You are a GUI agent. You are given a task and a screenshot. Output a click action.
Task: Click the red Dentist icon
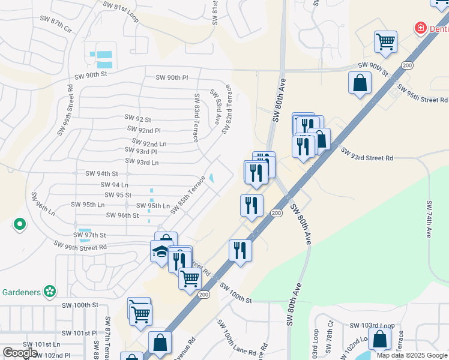[x=421, y=28]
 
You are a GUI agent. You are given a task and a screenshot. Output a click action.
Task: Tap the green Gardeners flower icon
[x=50, y=292]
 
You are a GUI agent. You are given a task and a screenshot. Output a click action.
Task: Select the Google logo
[x=20, y=353]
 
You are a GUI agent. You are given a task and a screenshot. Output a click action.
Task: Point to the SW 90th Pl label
[x=172, y=77]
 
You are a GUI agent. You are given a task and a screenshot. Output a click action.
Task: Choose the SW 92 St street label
[x=137, y=119]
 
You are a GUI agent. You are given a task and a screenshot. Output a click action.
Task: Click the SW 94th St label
[x=101, y=173]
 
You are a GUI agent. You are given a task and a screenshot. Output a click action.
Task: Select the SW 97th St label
[x=90, y=235]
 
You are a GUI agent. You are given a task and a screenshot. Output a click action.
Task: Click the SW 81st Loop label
[x=121, y=12]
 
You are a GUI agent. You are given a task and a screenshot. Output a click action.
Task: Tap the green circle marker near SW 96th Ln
[x=20, y=225]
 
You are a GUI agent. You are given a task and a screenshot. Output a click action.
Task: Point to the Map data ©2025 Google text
[x=412, y=355]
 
